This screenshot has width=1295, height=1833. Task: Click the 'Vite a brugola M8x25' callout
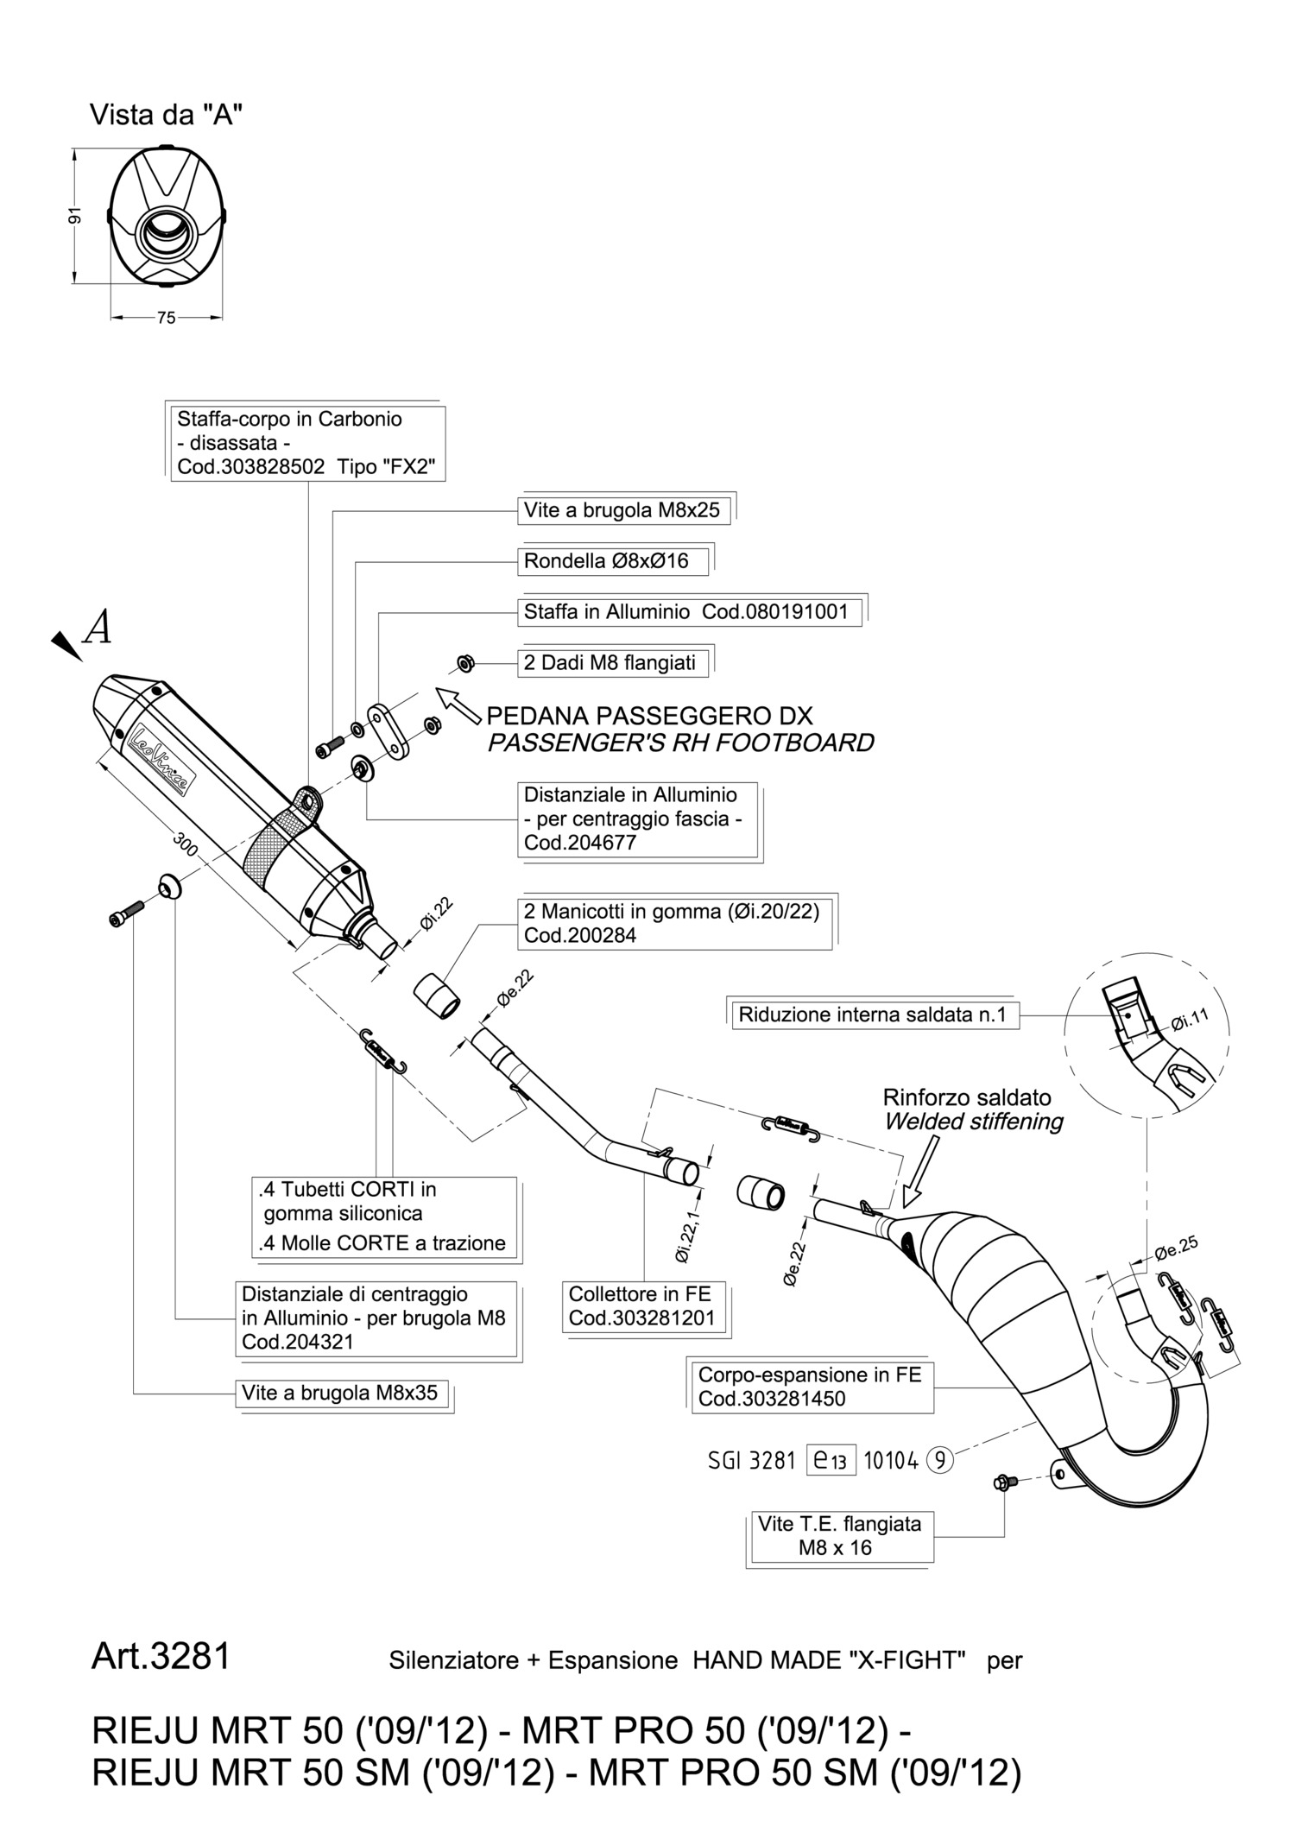point(622,510)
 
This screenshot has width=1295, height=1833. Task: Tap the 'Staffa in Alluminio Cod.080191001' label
point(686,612)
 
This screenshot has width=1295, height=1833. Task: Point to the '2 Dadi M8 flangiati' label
point(610,663)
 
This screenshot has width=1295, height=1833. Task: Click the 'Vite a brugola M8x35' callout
point(340,1393)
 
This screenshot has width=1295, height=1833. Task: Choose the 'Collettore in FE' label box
point(640,1306)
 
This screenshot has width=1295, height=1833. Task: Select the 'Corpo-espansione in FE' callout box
point(809,1386)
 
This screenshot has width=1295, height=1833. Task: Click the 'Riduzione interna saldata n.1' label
point(872,1014)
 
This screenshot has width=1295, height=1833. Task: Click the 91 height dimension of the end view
point(75,216)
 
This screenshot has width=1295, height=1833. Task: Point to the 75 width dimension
point(167,318)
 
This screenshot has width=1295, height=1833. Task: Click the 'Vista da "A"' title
point(166,115)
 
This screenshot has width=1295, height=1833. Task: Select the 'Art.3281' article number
point(161,1655)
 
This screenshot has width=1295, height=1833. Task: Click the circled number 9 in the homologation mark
point(940,1461)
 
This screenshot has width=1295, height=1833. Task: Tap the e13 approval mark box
point(831,1461)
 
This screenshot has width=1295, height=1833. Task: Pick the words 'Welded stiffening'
point(973,1122)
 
